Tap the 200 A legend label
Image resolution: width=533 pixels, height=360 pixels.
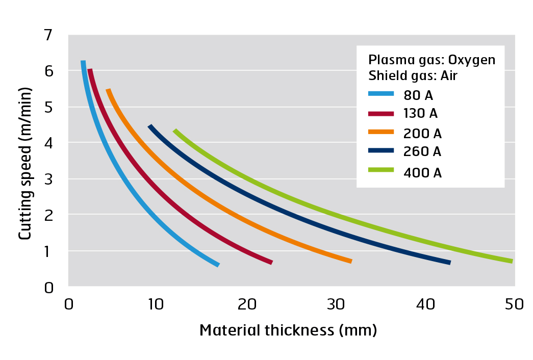pyautogui.click(x=422, y=134)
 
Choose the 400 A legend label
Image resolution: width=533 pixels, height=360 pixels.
pyautogui.click(x=422, y=172)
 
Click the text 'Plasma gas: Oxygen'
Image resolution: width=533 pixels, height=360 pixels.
pyautogui.click(x=432, y=60)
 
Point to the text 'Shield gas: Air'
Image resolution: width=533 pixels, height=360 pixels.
pyautogui.click(x=413, y=76)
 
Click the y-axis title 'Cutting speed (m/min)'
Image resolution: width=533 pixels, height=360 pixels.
pyautogui.click(x=25, y=163)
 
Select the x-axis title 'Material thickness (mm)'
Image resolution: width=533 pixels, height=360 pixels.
pyautogui.click(x=288, y=330)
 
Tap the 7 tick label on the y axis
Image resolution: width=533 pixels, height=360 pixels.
pyautogui.click(x=48, y=36)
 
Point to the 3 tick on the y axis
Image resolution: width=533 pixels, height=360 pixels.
pyautogui.click(x=48, y=179)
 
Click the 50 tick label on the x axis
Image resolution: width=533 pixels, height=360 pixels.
pyautogui.click(x=514, y=304)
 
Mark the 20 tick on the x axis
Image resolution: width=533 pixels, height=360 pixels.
pyautogui.click(x=247, y=304)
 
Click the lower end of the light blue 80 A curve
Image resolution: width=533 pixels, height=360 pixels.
pyautogui.click(x=218, y=265)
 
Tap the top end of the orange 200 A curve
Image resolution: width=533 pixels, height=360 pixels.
pyautogui.click(x=108, y=90)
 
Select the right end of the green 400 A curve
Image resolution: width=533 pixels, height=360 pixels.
pyautogui.click(x=511, y=261)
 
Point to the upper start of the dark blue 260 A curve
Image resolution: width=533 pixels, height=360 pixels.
pyautogui.click(x=150, y=126)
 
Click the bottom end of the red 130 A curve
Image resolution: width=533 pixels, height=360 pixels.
pyautogui.click(x=271, y=262)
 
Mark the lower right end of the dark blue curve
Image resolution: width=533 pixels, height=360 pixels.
pyautogui.click(x=449, y=263)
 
